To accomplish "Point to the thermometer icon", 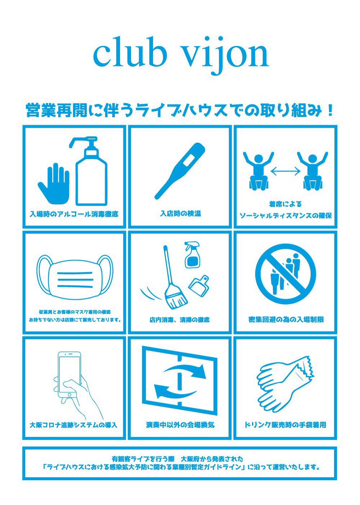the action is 180,171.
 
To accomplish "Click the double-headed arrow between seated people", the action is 285,172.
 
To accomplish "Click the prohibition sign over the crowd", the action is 285,274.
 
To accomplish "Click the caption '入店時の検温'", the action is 181,213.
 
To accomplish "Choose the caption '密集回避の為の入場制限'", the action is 286,319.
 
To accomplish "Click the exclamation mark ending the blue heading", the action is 331,109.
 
